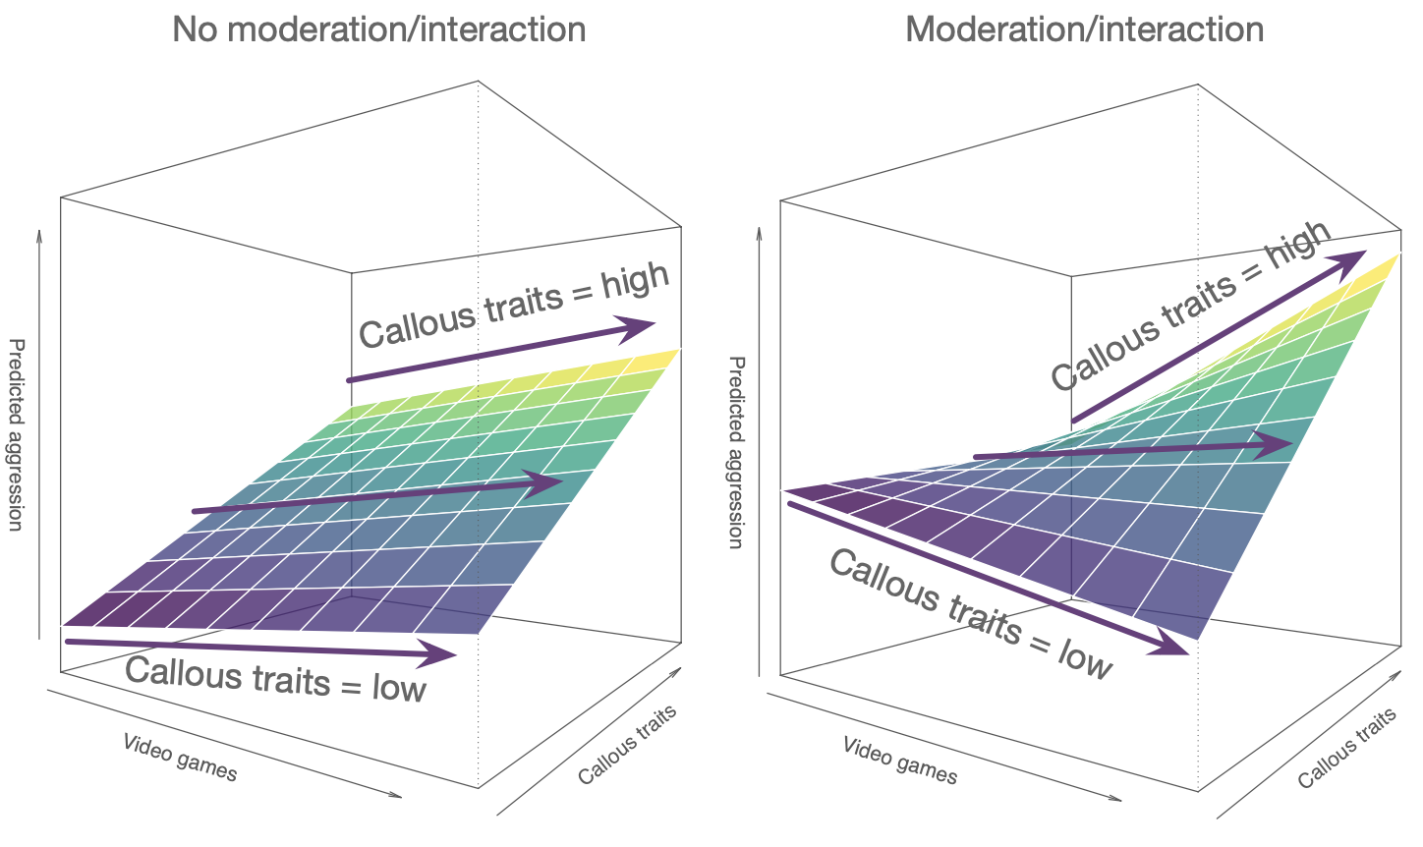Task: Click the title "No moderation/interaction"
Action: click(378, 29)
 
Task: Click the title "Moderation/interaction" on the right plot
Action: click(1084, 29)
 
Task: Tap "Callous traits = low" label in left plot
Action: click(276, 679)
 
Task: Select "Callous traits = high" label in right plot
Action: click(1190, 305)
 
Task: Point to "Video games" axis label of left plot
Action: click(180, 758)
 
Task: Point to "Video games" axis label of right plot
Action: click(899, 760)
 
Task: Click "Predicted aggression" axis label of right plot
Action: click(735, 452)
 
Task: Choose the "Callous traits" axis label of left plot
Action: click(628, 746)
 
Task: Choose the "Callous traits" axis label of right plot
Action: click(1347, 749)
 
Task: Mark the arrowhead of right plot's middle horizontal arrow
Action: click(1277, 445)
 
